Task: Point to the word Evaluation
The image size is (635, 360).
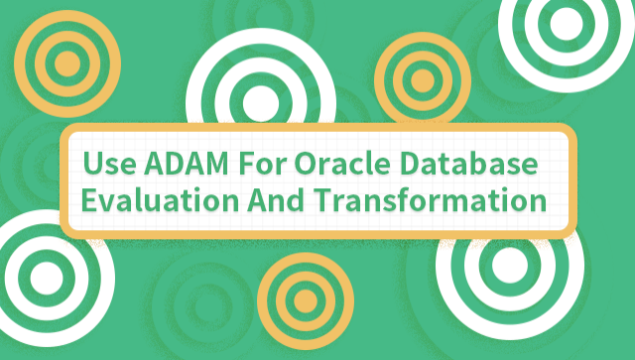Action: [x=157, y=199]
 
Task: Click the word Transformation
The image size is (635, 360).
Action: [x=433, y=199]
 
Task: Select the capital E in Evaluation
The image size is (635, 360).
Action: [x=89, y=199]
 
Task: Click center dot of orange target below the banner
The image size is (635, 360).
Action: [x=306, y=299]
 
